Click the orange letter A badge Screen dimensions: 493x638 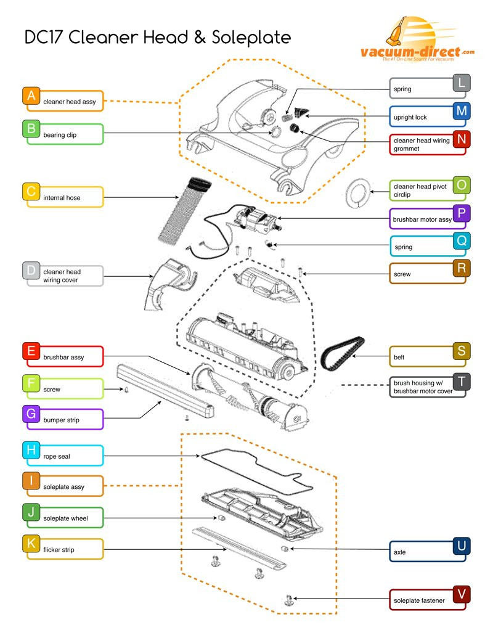(x=31, y=96)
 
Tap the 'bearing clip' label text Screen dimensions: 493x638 (x=60, y=135)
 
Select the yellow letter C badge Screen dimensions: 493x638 (x=31, y=192)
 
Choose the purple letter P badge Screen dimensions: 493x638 (x=462, y=213)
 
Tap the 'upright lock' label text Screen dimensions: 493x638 (x=410, y=118)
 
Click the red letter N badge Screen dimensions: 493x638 (x=462, y=139)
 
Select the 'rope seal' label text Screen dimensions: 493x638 (x=57, y=457)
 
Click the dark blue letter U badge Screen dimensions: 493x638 (x=462, y=546)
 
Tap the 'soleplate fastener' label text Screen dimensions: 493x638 (x=419, y=600)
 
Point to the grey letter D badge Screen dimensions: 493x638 (x=31, y=271)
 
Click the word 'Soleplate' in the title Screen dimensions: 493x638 (x=251, y=38)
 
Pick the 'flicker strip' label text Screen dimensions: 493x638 (x=59, y=550)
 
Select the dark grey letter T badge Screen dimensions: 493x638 (x=462, y=382)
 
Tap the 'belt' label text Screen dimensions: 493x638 (x=399, y=358)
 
